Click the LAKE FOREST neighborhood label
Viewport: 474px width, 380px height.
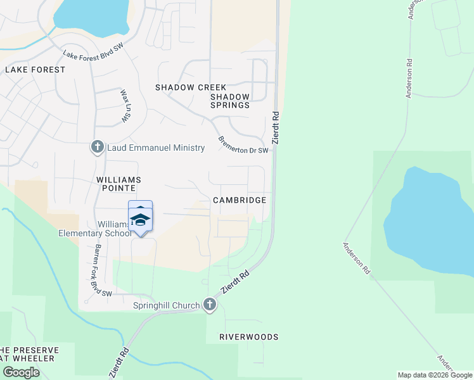[x=35, y=70]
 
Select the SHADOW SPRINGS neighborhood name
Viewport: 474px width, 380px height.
[x=230, y=101]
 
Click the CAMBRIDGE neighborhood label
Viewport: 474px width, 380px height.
[x=239, y=199]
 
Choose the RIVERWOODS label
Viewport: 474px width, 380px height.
[x=249, y=337]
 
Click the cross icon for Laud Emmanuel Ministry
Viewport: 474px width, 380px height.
[x=97, y=148]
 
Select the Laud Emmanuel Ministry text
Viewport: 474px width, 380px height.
[x=156, y=148]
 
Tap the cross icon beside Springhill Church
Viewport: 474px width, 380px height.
[x=210, y=305]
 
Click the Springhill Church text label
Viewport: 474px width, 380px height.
[x=167, y=306]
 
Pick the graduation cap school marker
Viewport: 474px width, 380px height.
[x=140, y=219]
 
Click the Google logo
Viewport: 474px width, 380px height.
[x=21, y=372]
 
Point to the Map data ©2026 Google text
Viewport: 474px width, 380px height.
[x=435, y=375]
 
